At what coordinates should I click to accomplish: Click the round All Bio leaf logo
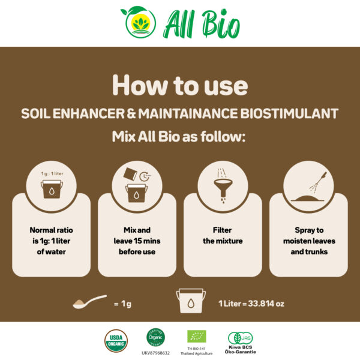point(139,22)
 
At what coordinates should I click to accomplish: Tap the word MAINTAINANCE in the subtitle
point(188,113)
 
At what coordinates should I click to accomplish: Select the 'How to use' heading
point(180,85)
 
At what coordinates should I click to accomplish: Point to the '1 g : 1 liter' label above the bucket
point(52,173)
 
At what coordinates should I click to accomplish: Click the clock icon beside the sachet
point(145,176)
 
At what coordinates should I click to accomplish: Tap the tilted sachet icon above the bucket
point(130,174)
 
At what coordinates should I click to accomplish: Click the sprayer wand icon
point(318,182)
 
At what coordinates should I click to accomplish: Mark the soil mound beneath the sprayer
point(307,198)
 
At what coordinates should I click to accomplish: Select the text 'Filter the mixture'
point(223,235)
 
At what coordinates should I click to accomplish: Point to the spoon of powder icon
point(89,302)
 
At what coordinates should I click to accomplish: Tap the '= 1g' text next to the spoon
point(122,304)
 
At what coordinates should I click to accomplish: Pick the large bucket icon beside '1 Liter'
point(191,301)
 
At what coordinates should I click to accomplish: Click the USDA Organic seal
point(116,341)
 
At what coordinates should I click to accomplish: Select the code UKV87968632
point(155,353)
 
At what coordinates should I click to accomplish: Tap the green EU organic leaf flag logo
point(197,337)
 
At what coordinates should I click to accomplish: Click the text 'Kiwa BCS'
point(240,347)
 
